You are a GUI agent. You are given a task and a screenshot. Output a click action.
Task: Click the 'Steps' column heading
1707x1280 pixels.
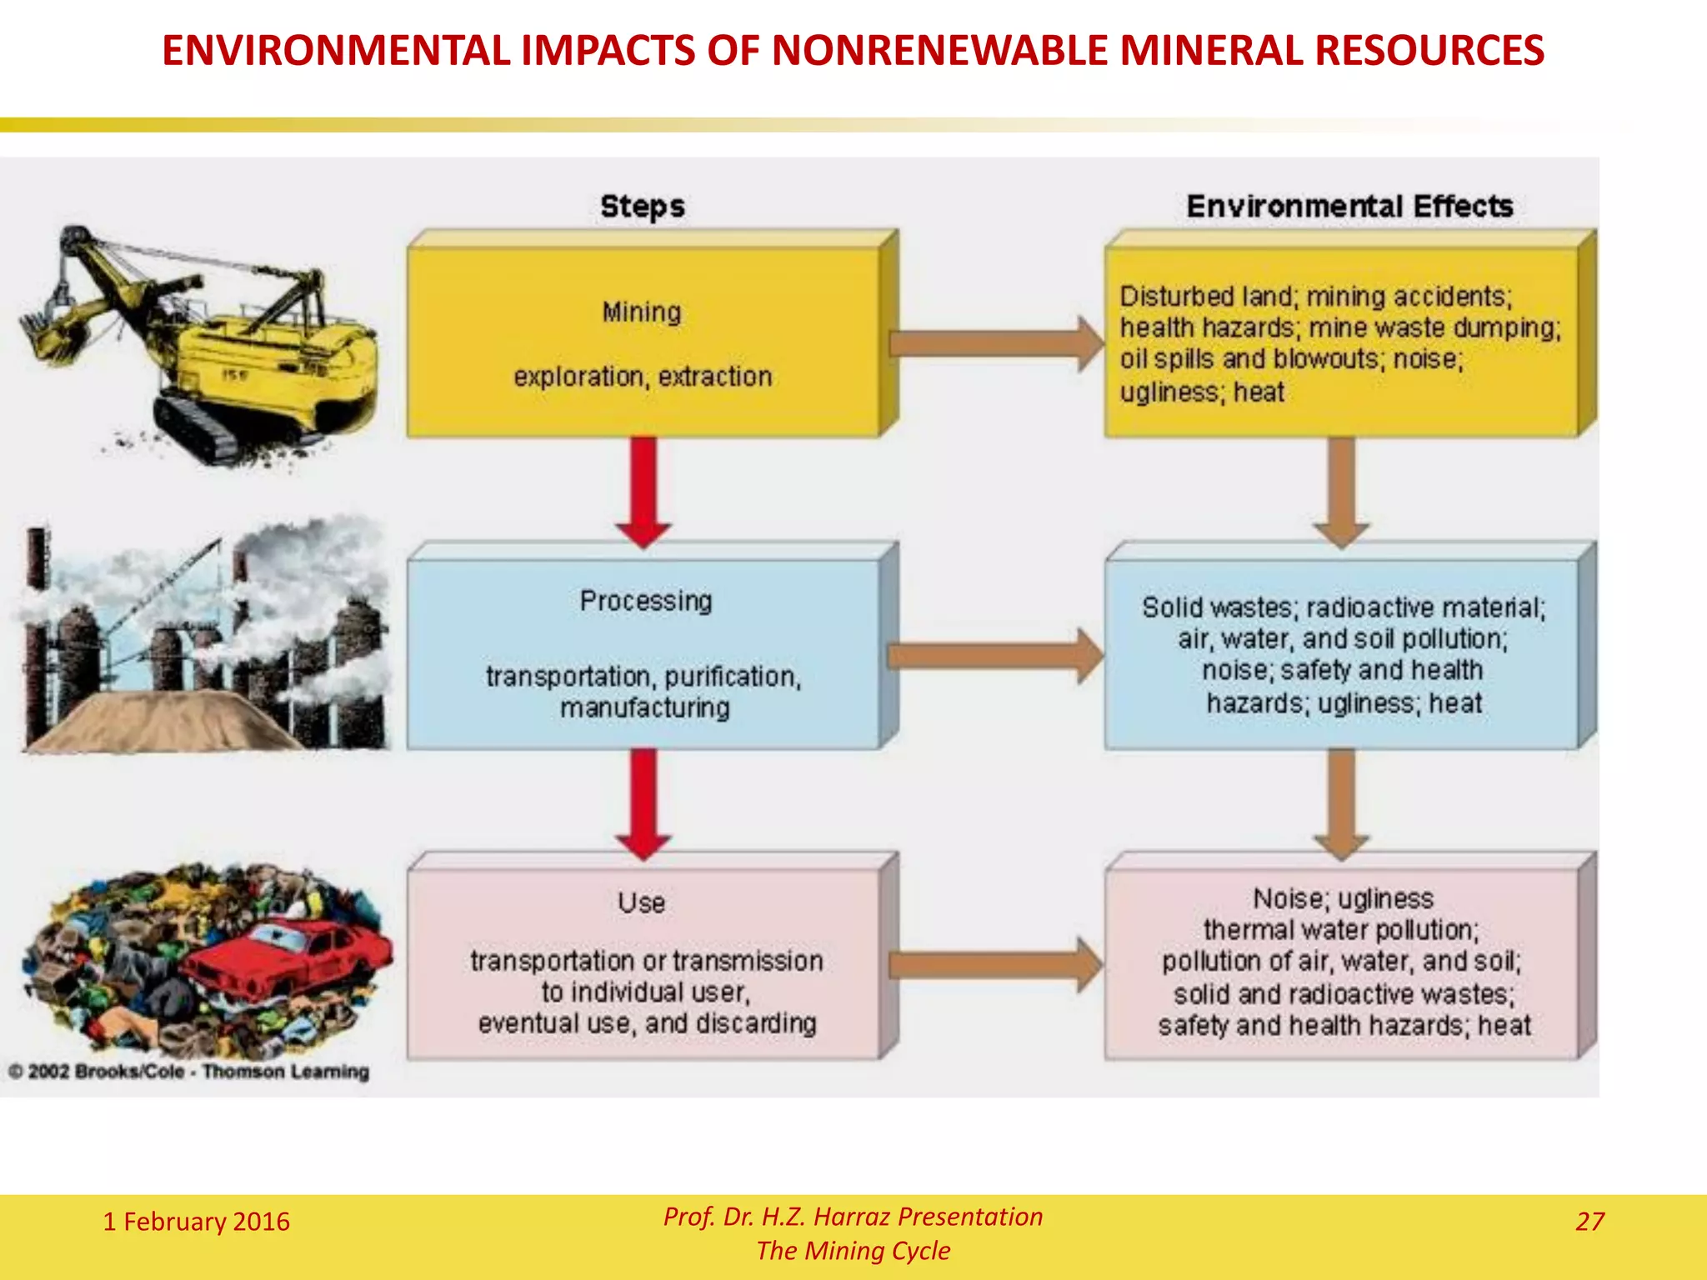643,206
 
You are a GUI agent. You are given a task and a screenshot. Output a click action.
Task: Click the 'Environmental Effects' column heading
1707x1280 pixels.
1349,206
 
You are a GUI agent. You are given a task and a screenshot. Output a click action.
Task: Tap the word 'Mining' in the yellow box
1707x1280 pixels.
642,312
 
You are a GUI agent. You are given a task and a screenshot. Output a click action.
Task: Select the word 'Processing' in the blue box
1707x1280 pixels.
646,601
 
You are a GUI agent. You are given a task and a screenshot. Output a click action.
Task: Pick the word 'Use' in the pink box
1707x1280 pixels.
642,902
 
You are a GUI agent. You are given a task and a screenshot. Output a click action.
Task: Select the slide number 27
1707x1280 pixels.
1589,1222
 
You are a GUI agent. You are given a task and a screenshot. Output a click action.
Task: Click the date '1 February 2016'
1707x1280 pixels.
196,1222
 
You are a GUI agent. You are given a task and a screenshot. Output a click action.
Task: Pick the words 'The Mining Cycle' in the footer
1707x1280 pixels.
853,1251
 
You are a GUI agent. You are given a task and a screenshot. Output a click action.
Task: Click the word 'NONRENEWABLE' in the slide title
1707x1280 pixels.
941,50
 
